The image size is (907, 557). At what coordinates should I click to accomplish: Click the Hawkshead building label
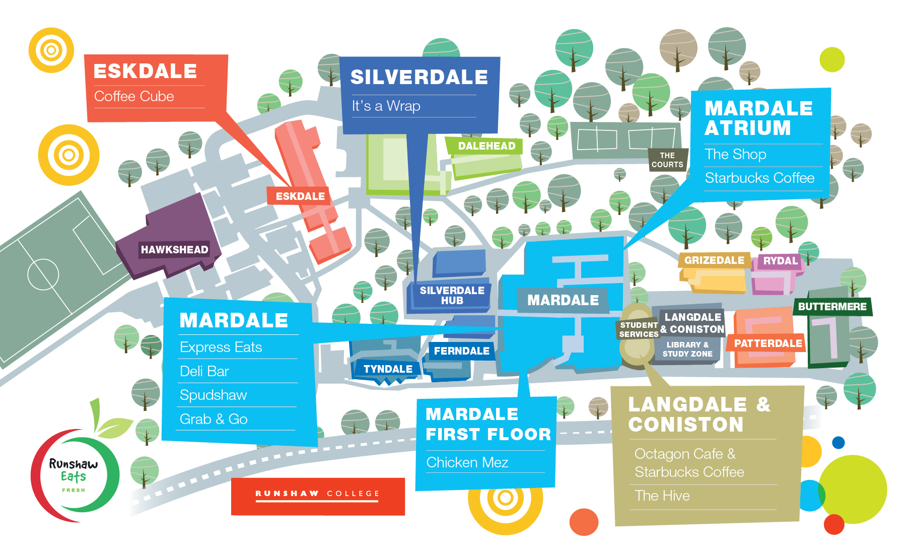(x=174, y=249)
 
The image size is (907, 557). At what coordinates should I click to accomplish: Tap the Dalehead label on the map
(x=486, y=146)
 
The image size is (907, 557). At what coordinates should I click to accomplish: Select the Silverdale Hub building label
(x=452, y=296)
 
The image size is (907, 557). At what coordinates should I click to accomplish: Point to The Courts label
(x=667, y=160)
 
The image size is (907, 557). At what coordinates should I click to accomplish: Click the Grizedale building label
(x=714, y=260)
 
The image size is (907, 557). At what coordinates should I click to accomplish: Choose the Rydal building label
(x=780, y=261)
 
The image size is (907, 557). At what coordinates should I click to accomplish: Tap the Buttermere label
(x=832, y=307)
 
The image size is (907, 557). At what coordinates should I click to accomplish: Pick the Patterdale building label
(x=768, y=343)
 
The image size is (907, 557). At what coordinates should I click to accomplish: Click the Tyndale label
(x=388, y=369)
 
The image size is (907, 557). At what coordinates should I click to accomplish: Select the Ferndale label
(x=461, y=351)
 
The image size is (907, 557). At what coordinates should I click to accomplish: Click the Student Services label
(x=639, y=329)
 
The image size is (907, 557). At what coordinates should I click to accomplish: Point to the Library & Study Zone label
(x=687, y=349)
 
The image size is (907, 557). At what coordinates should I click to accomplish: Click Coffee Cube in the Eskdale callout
(x=134, y=97)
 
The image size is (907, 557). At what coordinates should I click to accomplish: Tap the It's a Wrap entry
(x=386, y=106)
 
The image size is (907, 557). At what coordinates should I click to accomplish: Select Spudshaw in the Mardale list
(x=213, y=395)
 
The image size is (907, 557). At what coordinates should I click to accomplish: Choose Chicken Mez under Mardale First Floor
(x=467, y=462)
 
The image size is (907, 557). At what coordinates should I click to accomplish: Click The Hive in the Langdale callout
(x=662, y=496)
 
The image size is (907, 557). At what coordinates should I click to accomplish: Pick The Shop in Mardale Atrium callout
(x=735, y=155)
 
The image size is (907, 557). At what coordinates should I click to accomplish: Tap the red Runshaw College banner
(x=318, y=496)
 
